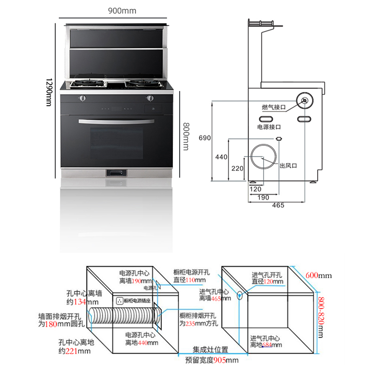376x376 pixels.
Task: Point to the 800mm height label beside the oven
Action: point(186,136)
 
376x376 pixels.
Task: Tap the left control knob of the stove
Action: point(82,98)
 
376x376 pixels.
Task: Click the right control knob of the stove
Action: point(150,98)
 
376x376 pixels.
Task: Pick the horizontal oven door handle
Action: point(116,121)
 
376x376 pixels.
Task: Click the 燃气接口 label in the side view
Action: point(274,107)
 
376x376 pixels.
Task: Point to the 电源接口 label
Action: point(268,127)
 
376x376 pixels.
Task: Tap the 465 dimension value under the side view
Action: point(278,205)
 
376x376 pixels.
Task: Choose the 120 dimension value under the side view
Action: point(255,189)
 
